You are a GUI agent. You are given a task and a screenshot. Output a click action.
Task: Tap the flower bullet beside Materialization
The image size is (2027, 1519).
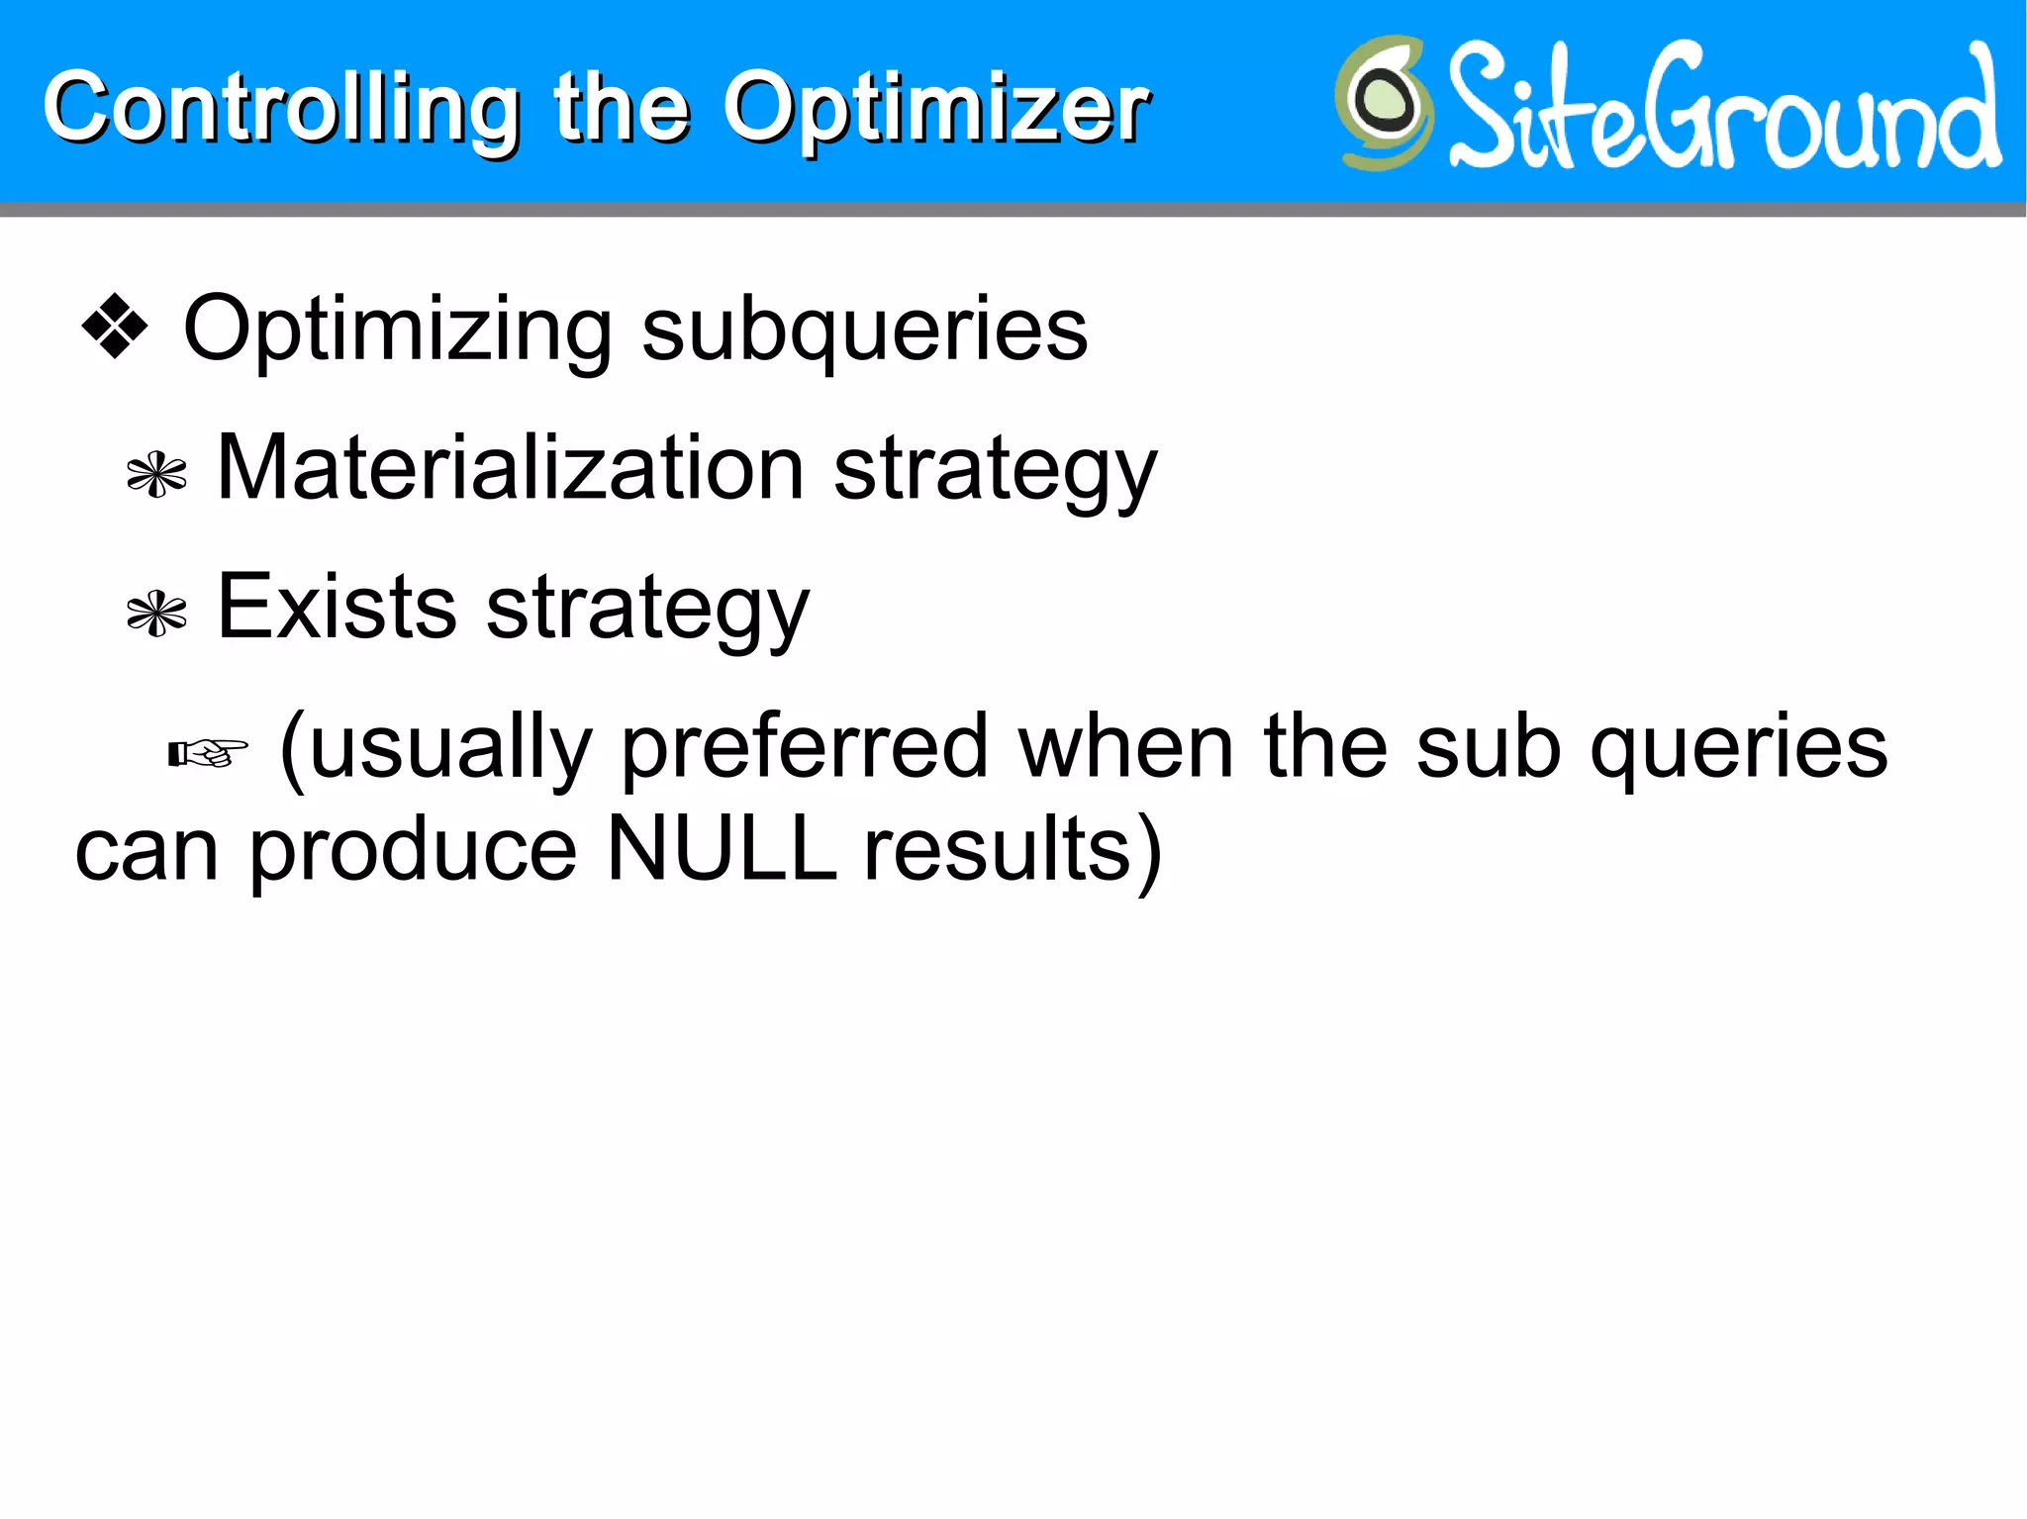point(157,475)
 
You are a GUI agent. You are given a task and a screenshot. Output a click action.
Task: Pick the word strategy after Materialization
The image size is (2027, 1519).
point(995,473)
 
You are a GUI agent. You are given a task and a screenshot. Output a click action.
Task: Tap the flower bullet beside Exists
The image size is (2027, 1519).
point(157,615)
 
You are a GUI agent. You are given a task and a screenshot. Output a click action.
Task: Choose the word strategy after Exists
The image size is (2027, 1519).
point(648,612)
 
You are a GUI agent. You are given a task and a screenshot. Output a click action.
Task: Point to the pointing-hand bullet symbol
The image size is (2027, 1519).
point(208,754)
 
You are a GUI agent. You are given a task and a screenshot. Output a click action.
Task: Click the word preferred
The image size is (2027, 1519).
point(805,750)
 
